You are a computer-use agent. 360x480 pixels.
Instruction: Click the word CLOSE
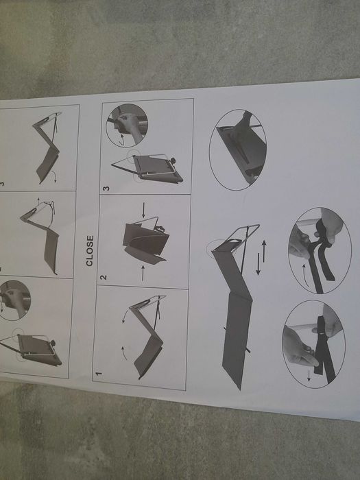pyautogui.click(x=90, y=252)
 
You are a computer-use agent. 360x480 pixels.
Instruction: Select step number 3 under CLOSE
pyautogui.click(x=106, y=188)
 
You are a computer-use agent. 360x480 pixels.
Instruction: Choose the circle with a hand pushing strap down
pyautogui.click(x=313, y=346)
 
